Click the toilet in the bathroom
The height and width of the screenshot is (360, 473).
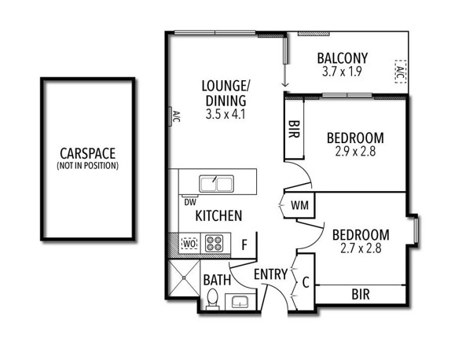click(212, 299)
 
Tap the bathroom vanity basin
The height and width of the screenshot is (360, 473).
click(240, 302)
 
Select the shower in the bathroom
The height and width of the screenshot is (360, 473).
click(183, 277)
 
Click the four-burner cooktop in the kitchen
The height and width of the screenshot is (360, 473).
click(214, 243)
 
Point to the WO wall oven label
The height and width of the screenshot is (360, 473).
click(189, 243)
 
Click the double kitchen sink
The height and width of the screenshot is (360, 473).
click(216, 184)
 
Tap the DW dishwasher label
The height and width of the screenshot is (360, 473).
click(190, 202)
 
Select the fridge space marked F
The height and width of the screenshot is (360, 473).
click(244, 245)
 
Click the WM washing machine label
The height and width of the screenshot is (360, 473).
click(299, 205)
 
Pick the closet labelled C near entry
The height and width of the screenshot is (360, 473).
click(306, 283)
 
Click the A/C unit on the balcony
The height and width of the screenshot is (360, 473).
click(400, 72)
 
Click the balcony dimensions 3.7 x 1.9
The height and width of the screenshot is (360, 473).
click(342, 72)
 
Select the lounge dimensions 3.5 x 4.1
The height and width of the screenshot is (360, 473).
click(225, 115)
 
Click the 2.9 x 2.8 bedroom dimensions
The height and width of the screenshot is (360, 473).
click(355, 152)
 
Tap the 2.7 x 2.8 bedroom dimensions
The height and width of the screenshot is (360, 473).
click(361, 248)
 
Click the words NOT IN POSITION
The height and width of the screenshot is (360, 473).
click(87, 166)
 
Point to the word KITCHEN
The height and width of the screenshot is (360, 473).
click(218, 215)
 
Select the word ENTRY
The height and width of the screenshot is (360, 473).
click(270, 274)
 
